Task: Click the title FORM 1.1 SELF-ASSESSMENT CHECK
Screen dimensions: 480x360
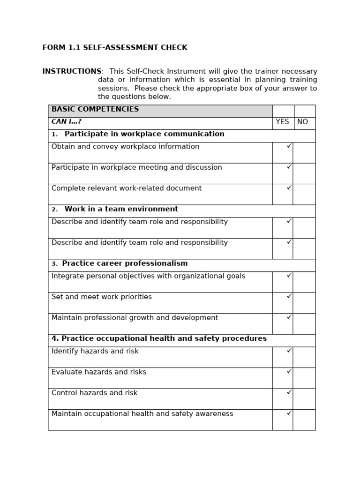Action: click(115, 48)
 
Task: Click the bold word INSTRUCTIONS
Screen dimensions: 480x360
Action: click(72, 72)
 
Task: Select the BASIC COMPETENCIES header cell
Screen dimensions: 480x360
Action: click(160, 110)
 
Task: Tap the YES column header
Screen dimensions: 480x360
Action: click(282, 122)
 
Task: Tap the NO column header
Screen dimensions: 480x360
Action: click(303, 122)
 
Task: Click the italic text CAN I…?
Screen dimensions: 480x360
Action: click(66, 122)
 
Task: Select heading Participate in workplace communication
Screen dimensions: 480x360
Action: click(144, 135)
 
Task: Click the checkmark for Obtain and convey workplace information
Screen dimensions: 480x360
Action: click(289, 146)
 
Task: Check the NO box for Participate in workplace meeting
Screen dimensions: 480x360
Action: click(304, 173)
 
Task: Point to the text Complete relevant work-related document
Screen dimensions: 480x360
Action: click(127, 188)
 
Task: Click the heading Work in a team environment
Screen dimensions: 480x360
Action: click(121, 210)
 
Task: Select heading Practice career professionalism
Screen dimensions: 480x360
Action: click(125, 264)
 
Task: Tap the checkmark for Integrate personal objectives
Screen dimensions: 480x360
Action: click(289, 276)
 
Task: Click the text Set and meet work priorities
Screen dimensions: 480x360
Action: click(102, 297)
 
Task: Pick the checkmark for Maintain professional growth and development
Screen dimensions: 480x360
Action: click(289, 317)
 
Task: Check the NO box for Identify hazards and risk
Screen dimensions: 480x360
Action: click(304, 357)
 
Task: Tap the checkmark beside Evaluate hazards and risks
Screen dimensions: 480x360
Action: click(289, 372)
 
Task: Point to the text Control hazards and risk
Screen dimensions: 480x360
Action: click(95, 393)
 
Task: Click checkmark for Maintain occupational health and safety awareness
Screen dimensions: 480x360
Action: click(289, 413)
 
